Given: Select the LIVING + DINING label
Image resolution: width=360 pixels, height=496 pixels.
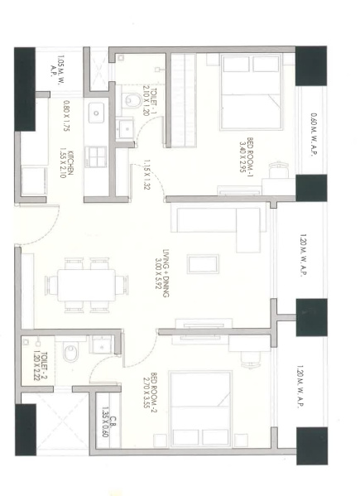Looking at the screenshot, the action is pyautogui.click(x=162, y=273).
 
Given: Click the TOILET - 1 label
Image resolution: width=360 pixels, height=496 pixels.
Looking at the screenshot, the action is pyautogui.click(x=150, y=100).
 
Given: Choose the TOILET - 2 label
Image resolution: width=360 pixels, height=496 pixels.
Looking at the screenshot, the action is pyautogui.click(x=41, y=366).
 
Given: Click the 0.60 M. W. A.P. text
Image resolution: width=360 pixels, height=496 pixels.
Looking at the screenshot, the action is pyautogui.click(x=314, y=135).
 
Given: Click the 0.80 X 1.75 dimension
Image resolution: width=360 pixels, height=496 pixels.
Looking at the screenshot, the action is pyautogui.click(x=67, y=115).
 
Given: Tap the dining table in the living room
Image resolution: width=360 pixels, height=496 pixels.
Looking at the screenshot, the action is pyautogui.click(x=86, y=286).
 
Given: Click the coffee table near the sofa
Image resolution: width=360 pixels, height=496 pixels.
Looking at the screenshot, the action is pyautogui.click(x=203, y=264).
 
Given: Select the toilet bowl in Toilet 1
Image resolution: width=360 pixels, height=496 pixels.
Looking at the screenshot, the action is pyautogui.click(x=132, y=101).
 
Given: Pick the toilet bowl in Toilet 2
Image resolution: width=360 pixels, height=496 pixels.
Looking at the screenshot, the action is pyautogui.click(x=70, y=353).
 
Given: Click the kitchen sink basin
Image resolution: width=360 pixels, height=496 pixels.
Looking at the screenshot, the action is pyautogui.click(x=96, y=113).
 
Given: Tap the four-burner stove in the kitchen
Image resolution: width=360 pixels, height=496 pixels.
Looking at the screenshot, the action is pyautogui.click(x=97, y=157).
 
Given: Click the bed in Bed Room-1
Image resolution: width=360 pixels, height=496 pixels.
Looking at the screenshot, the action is pyautogui.click(x=252, y=92).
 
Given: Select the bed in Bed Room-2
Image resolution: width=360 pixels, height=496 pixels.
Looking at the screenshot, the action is pyautogui.click(x=200, y=409).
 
